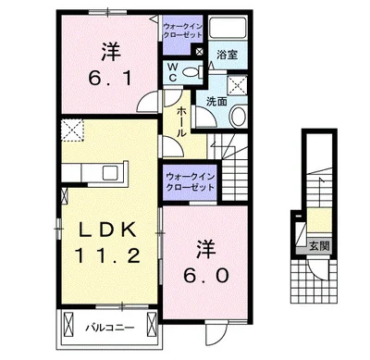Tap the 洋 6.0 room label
(206, 262)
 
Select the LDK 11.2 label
(107, 242)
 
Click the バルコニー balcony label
(110, 327)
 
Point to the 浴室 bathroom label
(227, 55)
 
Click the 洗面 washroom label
(216, 102)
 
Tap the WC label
(173, 72)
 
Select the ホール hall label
(181, 122)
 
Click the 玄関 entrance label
(319, 246)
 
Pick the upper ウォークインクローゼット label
(182, 31)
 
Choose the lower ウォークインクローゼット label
(191, 182)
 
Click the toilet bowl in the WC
(192, 72)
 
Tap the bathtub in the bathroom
(228, 29)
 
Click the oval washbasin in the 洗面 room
(239, 116)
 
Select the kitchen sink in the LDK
(110, 173)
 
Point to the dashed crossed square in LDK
(72, 130)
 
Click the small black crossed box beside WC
(199, 52)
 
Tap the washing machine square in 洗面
(238, 84)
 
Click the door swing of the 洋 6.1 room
(148, 102)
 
